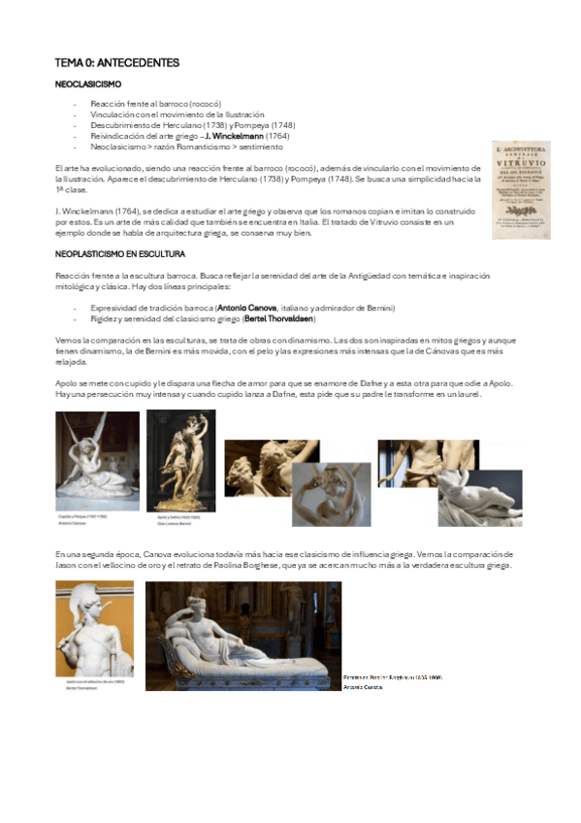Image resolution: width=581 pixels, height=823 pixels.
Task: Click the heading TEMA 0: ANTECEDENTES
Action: [116, 63]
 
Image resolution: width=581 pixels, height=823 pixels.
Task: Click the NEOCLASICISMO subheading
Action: [88, 84]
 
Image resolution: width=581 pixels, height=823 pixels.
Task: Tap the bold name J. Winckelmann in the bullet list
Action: [233, 137]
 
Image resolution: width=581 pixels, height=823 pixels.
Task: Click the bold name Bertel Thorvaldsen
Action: [279, 318]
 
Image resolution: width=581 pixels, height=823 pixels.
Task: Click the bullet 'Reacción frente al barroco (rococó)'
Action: [155, 104]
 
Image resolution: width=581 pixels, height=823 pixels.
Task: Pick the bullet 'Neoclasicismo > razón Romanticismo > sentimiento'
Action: [179, 148]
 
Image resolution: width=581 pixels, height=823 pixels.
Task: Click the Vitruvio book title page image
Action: [525, 189]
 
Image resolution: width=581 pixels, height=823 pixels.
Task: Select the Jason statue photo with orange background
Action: [94, 628]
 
